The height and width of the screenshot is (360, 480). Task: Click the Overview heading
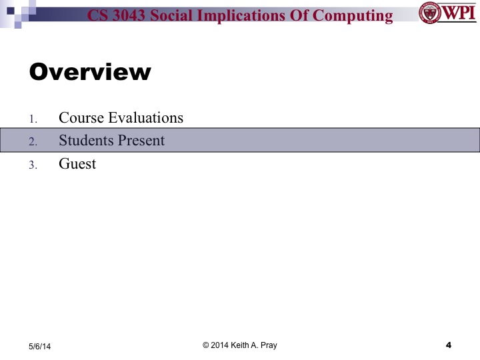[x=90, y=71]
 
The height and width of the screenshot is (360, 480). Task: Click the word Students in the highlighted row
[x=85, y=141]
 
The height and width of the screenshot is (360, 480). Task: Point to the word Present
[x=140, y=141]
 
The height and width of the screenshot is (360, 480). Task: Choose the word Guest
[x=77, y=163]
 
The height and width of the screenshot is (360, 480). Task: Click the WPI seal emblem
[x=429, y=13]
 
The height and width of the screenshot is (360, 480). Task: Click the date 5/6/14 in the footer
[x=39, y=346]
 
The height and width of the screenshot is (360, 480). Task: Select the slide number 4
[x=448, y=345]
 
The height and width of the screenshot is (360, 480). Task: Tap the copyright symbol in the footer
[x=206, y=345]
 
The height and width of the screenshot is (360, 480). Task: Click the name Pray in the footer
[x=268, y=345]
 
